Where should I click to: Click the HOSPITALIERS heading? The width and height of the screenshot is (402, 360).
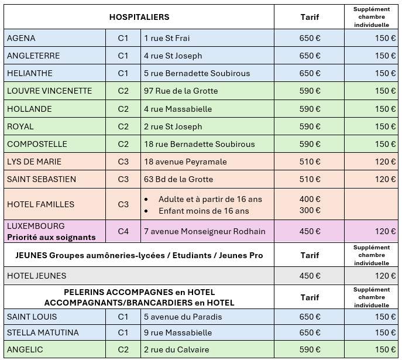[x=139, y=17]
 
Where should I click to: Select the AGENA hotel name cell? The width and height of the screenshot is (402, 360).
[x=21, y=38]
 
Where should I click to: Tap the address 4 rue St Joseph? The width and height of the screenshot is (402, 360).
[x=173, y=56]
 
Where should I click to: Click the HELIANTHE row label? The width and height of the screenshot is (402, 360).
[x=30, y=73]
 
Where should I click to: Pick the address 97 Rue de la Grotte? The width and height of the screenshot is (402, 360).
[x=181, y=91]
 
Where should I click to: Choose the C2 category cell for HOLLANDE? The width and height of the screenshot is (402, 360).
[x=123, y=109]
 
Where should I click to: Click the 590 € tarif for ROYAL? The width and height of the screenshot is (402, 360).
[x=310, y=126]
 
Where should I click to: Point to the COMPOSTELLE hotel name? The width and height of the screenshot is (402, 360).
[x=37, y=144]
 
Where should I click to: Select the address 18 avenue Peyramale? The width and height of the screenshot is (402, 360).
[x=185, y=162]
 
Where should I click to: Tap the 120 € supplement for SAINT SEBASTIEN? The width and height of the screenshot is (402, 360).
[x=386, y=179]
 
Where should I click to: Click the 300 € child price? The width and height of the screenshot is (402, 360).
[x=310, y=210]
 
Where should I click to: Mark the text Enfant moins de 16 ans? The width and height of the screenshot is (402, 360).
[x=204, y=211]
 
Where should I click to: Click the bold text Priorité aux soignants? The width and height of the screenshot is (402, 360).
[x=51, y=237]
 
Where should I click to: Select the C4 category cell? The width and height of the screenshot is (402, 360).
[x=123, y=231]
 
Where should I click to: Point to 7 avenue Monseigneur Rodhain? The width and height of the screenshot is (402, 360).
[x=205, y=231]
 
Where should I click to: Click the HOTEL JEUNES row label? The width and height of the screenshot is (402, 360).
[x=36, y=276]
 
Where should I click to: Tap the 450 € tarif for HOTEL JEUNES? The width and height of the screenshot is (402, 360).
[x=310, y=276]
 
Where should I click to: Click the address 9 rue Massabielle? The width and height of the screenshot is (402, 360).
[x=178, y=332]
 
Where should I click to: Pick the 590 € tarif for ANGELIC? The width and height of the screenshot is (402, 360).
[x=310, y=350]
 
